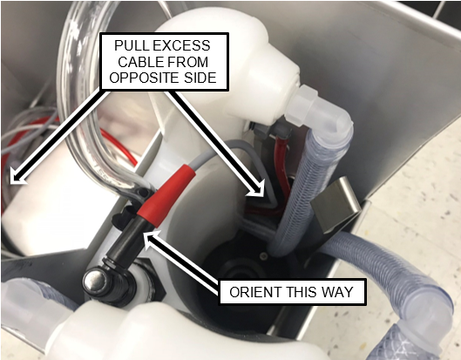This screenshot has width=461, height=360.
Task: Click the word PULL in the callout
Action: coord(127,45)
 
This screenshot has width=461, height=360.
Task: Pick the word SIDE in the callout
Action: coord(200,78)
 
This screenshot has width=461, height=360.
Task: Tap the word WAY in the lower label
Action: coord(337,292)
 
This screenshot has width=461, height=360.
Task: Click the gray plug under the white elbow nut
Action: coord(272,128)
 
